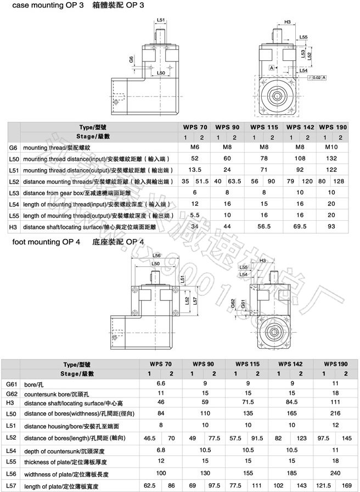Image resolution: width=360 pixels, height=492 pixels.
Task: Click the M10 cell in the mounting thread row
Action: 331,148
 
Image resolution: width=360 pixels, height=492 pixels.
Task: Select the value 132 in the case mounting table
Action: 331,159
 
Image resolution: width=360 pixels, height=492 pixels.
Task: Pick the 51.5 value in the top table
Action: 203,181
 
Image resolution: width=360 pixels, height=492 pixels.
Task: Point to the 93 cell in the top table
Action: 331,226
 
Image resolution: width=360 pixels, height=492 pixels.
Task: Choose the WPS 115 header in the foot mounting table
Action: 246,364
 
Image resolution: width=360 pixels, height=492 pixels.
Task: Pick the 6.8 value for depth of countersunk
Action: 161,450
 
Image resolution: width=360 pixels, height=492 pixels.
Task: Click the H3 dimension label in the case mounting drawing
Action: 288,22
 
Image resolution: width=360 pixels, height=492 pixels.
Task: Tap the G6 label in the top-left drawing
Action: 131,59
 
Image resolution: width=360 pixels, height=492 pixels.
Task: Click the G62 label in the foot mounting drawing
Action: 233,304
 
